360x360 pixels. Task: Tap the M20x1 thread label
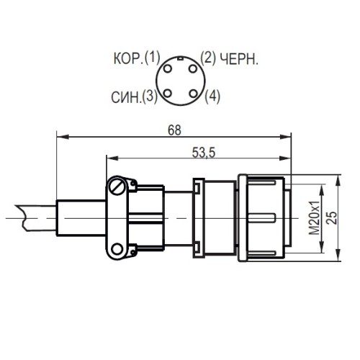pyautogui.click(x=315, y=217)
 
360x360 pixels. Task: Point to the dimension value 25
pyautogui.click(x=332, y=217)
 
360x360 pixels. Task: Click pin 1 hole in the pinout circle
pyautogui.click(x=169, y=68)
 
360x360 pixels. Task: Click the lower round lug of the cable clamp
pyautogui.click(x=117, y=250)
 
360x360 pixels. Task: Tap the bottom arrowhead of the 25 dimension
pyautogui.click(x=339, y=253)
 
